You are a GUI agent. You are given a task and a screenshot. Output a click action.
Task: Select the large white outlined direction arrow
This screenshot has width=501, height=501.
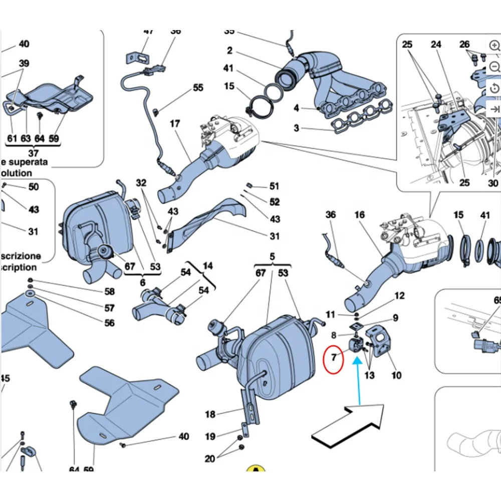pyautogui.click(x=348, y=426)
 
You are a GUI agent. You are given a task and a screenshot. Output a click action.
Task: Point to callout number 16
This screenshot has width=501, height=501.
pyautogui.click(x=359, y=215)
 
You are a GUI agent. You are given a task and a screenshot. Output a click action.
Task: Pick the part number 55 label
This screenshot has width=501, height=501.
pyautogui.click(x=198, y=88)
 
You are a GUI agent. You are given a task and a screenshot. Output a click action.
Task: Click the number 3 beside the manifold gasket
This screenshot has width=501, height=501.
pyautogui.click(x=296, y=129)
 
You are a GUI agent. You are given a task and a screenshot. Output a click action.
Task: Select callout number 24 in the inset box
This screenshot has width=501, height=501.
pyautogui.click(x=436, y=45)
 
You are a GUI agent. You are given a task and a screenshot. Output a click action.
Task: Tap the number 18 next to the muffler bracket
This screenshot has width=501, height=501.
pyautogui.click(x=210, y=414)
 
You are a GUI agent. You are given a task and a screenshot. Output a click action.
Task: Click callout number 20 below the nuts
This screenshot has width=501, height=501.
pyautogui.click(x=209, y=458)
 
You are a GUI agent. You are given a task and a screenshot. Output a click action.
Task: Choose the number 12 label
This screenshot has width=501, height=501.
pyautogui.click(x=399, y=296)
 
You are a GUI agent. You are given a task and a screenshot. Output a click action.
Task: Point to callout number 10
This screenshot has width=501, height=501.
pyautogui.click(x=396, y=375)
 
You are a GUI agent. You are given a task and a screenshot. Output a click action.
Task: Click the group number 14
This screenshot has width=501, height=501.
pyautogui.click(x=207, y=266)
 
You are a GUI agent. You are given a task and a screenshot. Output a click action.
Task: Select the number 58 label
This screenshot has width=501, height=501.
pyautogui.click(x=109, y=292)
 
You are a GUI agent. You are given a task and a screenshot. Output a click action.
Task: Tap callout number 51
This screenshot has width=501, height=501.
pyautogui.click(x=274, y=186)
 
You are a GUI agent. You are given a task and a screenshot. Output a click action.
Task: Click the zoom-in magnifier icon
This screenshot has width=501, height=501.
pyautogui.click(x=495, y=45)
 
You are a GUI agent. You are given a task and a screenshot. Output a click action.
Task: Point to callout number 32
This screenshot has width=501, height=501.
pyautogui.click(x=141, y=183)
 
